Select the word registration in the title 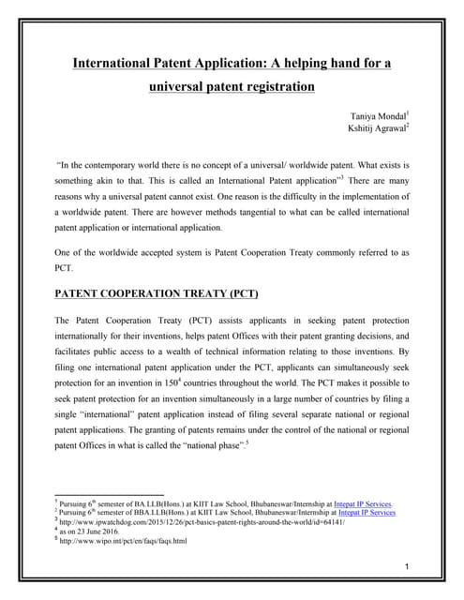click(x=273, y=87)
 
